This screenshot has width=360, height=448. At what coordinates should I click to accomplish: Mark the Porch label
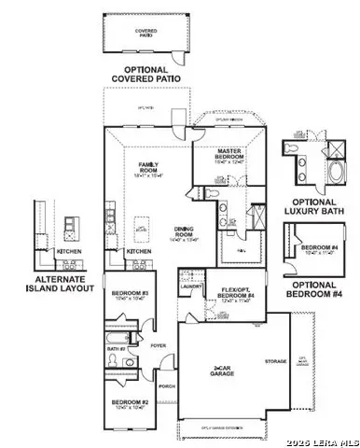(168, 385)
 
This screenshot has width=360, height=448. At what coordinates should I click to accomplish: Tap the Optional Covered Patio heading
(145, 75)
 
